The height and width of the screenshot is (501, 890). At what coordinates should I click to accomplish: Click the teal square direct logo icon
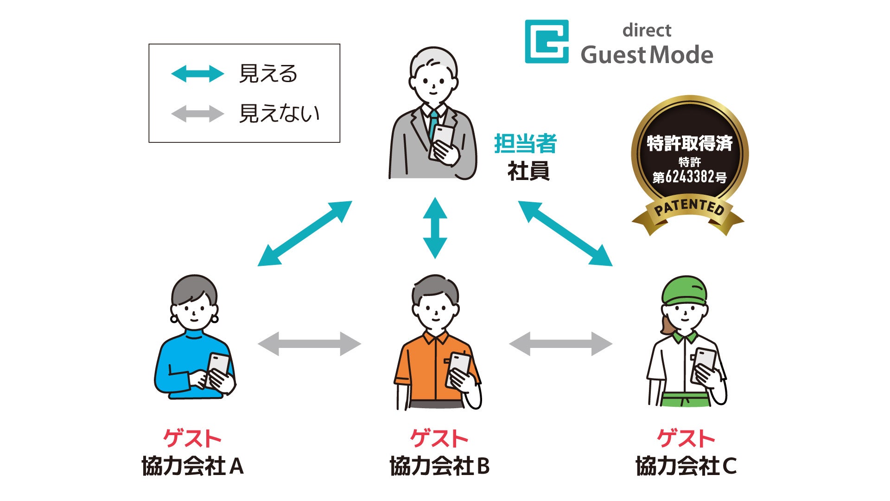547,41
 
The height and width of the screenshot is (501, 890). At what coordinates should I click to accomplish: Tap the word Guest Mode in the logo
647,55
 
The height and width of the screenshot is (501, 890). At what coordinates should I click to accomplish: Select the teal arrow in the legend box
197,74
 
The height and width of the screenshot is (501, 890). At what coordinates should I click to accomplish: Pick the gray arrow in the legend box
197,114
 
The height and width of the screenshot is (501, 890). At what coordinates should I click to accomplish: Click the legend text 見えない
279,114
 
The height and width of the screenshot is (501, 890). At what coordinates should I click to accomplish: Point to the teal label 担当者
525,143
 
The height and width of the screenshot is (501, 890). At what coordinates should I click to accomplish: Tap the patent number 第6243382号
689,177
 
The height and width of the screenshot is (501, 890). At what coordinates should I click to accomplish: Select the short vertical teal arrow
435,228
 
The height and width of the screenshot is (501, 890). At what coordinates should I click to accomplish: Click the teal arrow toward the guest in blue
305,233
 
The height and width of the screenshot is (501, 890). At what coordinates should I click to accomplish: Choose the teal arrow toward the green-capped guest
565,233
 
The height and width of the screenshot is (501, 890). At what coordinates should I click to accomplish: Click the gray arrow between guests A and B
309,344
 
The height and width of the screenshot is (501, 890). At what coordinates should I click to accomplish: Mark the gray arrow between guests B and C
560,344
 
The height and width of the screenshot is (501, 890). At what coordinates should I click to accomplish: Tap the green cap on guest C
684,290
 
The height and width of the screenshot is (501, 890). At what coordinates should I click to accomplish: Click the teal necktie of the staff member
433,123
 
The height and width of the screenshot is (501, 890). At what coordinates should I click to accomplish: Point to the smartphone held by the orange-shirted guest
458,366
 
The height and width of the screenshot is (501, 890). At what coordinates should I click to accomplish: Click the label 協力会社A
192,466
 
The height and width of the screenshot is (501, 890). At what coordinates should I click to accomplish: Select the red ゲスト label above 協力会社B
439,438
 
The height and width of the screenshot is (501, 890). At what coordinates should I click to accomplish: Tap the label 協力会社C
686,466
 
